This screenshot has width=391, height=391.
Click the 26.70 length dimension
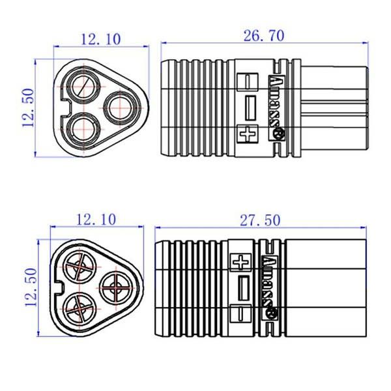pos(264,36)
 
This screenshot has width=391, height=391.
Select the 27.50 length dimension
pos(260,220)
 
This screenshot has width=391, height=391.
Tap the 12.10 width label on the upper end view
pos(101,39)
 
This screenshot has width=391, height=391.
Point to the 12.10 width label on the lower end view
pos(96,220)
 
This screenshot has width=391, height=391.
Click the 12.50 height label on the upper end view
pos(27,108)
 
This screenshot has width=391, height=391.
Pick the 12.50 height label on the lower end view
pos(31,287)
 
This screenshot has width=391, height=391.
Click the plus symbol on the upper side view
pos(248,134)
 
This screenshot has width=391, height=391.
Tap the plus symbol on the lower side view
pos(241,263)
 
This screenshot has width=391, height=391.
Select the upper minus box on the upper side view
pos(248,81)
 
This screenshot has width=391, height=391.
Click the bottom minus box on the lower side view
pos(240,313)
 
